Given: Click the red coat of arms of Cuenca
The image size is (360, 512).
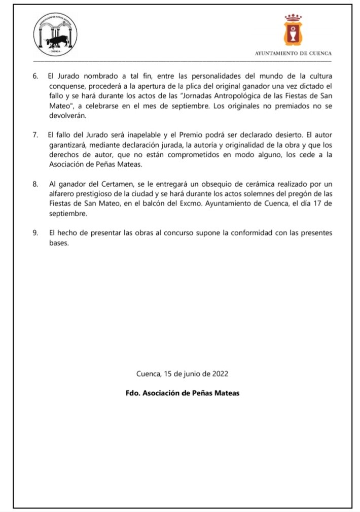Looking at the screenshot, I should pyautogui.click(x=293, y=31).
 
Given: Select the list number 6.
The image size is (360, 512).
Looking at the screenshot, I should pyautogui.click(x=35, y=76).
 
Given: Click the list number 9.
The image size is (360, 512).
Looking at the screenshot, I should pyautogui.click(x=35, y=233).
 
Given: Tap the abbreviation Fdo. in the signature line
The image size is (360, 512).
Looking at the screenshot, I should pyautogui.click(x=133, y=393).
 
